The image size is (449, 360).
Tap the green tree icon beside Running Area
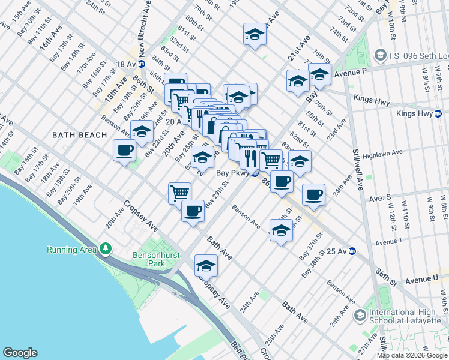click(106, 248)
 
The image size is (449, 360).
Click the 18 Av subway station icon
click(142, 64)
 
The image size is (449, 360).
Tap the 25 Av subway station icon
click(352, 251)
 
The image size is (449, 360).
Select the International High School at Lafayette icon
click(359, 315)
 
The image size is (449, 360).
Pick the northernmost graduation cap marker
click(255, 35)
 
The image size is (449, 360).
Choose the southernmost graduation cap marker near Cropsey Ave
click(206, 266)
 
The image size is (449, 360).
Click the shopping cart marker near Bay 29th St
click(180, 193)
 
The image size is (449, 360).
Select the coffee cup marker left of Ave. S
click(313, 194)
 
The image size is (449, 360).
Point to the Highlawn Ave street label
click(384, 154)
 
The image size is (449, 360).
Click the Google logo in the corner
click(20, 353)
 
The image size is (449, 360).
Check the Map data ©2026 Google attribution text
click(411, 355)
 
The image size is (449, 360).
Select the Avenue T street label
click(390, 242)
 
